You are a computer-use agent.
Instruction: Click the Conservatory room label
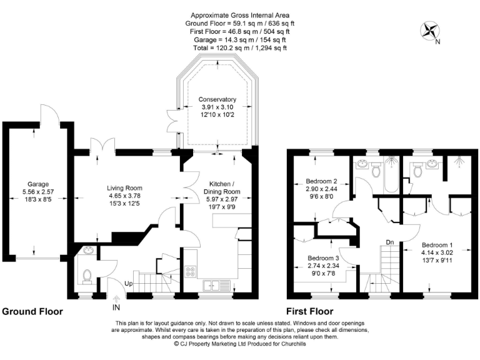[x=217, y=99]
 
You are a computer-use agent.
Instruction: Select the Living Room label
[x=124, y=188]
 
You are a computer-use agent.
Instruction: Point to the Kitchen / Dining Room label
[x=222, y=187]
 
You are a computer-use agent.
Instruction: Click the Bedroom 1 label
[x=437, y=244]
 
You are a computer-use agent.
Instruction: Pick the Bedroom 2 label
[x=322, y=181]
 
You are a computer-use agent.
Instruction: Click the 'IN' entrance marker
[x=116, y=307]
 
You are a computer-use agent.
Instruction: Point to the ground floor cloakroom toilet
[x=87, y=276]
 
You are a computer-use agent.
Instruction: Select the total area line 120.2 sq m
[x=240, y=47]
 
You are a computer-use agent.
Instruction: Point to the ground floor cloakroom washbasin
[x=87, y=252]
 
